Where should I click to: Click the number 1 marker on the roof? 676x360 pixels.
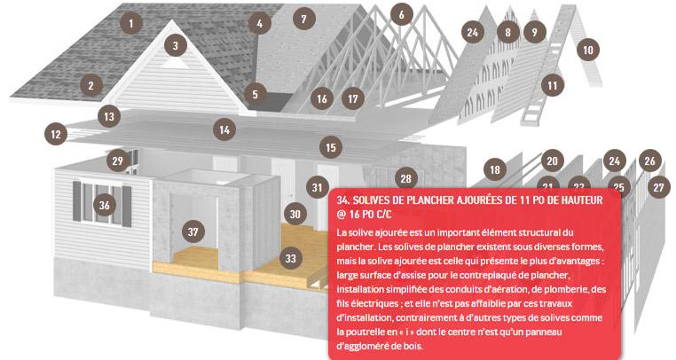click(x=131, y=22)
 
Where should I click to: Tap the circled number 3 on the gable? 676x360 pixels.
click(x=176, y=45)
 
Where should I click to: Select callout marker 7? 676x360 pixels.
click(x=304, y=19)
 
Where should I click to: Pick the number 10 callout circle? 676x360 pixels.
click(x=588, y=50)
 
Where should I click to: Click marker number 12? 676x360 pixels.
click(x=56, y=134)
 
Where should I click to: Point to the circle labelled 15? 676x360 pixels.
click(x=331, y=147)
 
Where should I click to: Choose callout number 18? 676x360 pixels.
click(x=495, y=169)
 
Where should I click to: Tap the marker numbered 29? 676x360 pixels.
click(x=118, y=160)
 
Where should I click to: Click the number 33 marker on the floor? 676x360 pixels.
click(x=291, y=258)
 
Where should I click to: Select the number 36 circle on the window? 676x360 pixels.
click(x=105, y=205)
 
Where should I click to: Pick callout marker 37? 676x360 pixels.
click(x=193, y=232)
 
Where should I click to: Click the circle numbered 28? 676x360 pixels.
click(x=405, y=178)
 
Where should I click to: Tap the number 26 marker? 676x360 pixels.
click(x=649, y=160)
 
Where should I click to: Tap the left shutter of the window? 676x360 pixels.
click(x=77, y=201)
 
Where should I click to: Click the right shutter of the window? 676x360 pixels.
click(x=127, y=207)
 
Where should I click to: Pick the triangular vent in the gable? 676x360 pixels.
click(x=173, y=64)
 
